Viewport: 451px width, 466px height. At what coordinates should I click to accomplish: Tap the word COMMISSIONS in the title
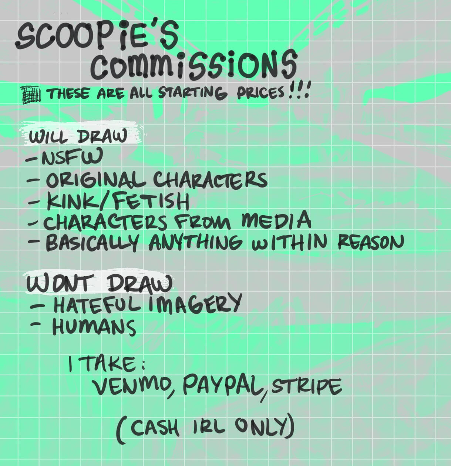pos(193,65)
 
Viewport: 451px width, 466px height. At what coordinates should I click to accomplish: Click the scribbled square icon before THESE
pos(31,95)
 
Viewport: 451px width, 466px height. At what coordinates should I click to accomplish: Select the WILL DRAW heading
pos(78,136)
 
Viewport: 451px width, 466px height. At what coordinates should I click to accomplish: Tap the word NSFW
pos(72,156)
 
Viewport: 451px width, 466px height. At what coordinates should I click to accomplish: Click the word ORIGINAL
pos(96,180)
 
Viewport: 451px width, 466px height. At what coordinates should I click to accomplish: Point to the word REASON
pos(371,242)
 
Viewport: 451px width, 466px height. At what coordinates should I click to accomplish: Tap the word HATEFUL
pos(97,305)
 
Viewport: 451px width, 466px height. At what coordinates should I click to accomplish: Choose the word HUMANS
pos(94,327)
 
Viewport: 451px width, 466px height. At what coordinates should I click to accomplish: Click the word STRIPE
pos(307,386)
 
